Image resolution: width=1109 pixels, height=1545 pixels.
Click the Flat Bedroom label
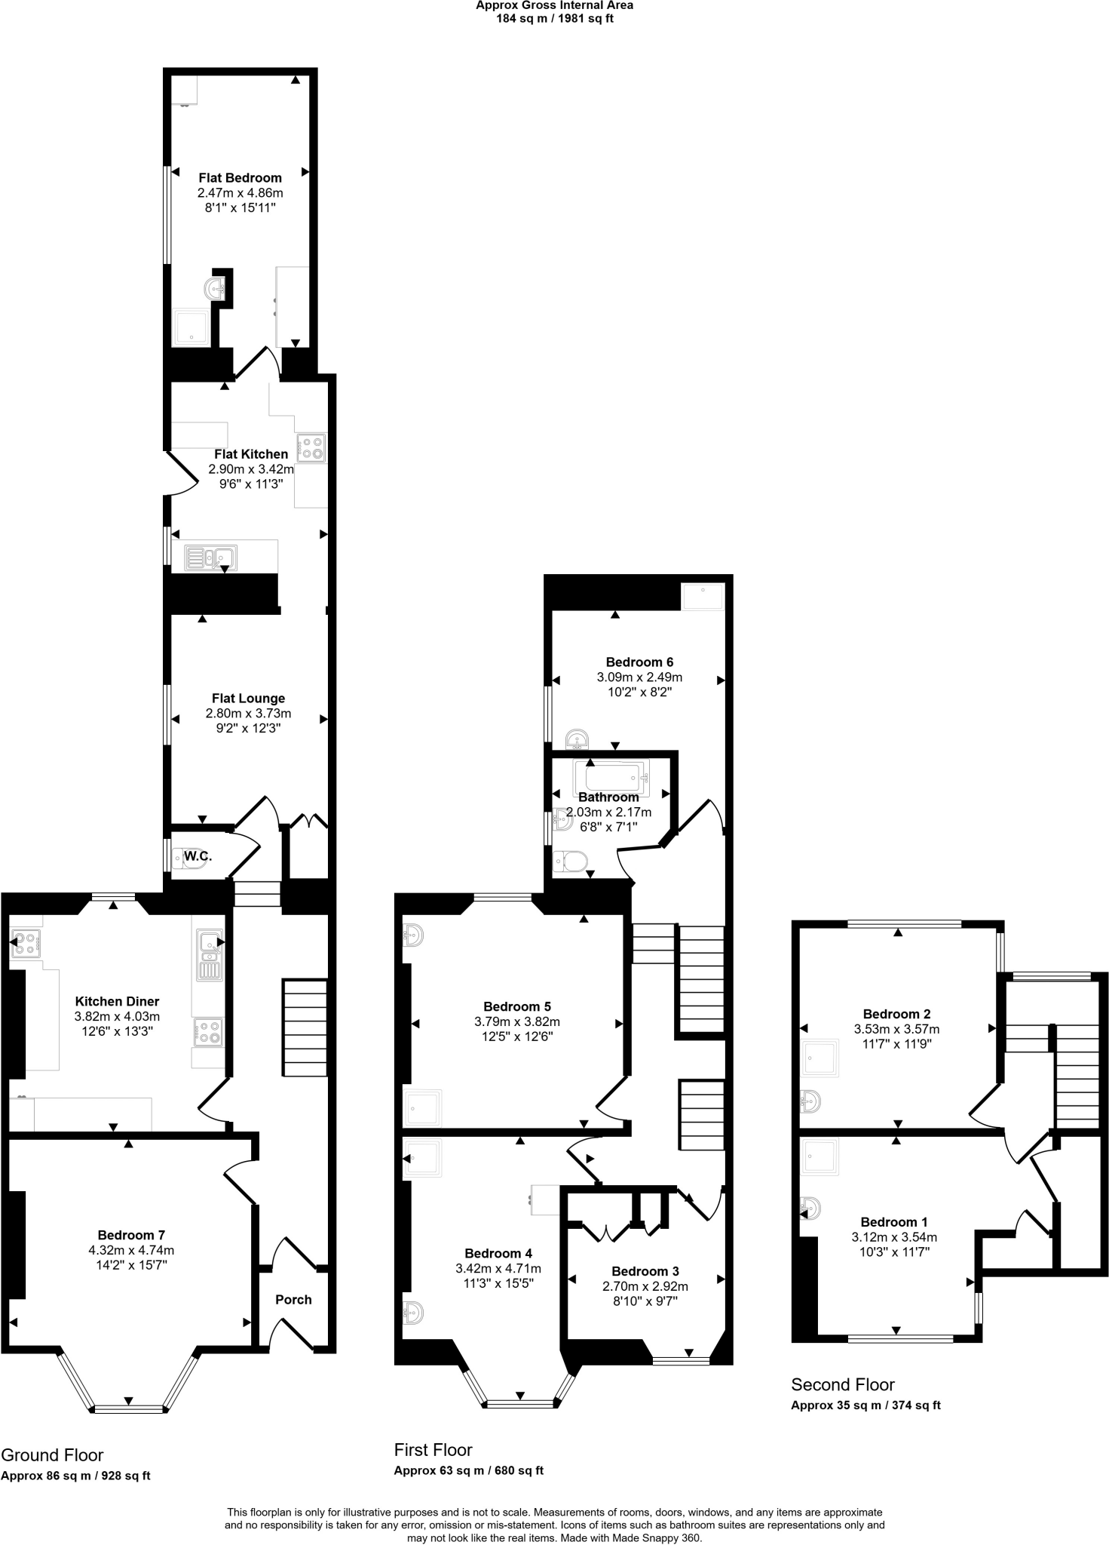[x=240, y=178]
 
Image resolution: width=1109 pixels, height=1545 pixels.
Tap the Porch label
[x=293, y=1299]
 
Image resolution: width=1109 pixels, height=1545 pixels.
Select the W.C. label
[x=198, y=856]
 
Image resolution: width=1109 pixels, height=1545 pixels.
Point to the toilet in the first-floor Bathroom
[x=570, y=861]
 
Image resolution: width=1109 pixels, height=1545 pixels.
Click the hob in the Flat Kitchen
[x=312, y=448]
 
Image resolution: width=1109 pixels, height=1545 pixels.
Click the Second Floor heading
[x=842, y=1384]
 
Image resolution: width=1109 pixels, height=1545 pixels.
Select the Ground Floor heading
[x=52, y=1455]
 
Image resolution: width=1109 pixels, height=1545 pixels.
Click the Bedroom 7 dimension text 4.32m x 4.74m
[x=131, y=1250]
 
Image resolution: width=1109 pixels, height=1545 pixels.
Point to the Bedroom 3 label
[x=645, y=1271]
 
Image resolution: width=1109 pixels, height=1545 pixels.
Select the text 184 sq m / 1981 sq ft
[x=554, y=19]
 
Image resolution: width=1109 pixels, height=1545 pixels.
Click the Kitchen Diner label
[x=117, y=1001]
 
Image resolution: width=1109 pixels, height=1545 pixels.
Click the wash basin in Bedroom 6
[x=577, y=738]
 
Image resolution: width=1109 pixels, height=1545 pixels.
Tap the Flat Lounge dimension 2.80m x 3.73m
[x=248, y=713]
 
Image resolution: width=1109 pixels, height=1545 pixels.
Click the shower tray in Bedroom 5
[x=422, y=1107]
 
